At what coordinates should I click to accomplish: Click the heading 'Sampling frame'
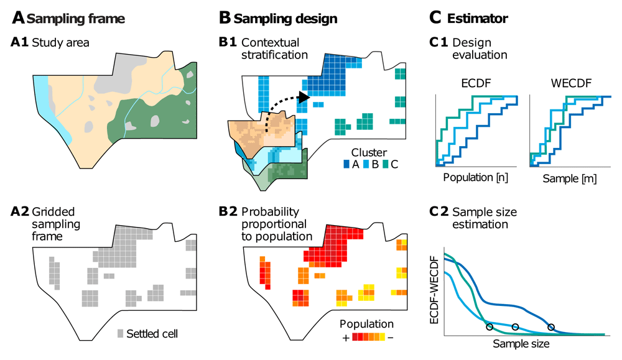(x=76, y=19)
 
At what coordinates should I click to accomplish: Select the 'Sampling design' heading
(x=285, y=19)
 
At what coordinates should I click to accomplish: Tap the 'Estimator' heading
(x=477, y=18)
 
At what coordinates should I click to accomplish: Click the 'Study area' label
(x=60, y=42)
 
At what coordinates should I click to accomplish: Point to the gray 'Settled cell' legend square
(x=120, y=333)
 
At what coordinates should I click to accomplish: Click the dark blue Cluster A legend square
(x=346, y=164)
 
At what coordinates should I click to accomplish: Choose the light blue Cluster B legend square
(x=366, y=164)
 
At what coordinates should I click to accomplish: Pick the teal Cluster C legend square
(x=386, y=164)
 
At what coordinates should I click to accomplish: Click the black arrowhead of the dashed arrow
(x=304, y=97)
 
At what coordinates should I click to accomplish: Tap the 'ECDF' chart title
(x=476, y=83)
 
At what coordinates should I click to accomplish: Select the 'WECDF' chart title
(x=571, y=83)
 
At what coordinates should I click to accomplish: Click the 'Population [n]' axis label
(x=475, y=177)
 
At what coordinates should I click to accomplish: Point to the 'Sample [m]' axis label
(x=569, y=178)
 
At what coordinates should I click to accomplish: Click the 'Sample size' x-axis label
(x=521, y=343)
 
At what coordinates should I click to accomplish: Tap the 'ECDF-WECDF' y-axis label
(x=434, y=290)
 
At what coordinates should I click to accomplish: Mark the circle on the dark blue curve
(x=551, y=327)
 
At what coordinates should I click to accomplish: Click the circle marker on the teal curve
(x=490, y=327)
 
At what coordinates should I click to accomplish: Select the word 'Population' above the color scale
(x=366, y=324)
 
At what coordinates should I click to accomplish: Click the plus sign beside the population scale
(x=346, y=338)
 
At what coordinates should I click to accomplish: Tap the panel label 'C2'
(x=439, y=212)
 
